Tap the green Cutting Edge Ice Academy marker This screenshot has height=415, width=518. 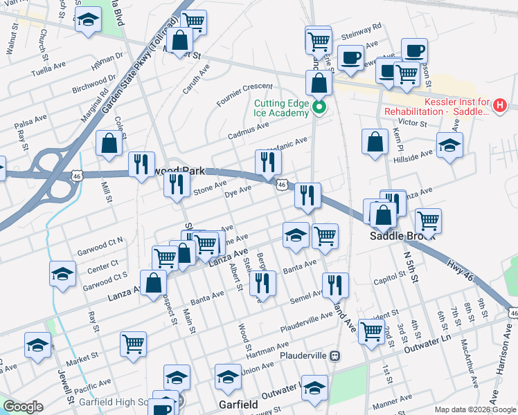point(319,107)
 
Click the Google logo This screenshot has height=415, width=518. point(23,407)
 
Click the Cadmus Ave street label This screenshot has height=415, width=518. point(249,127)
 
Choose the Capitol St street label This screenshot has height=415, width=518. point(388,275)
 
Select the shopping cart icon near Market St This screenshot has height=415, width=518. point(133,344)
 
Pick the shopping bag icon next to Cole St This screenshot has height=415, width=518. point(110,143)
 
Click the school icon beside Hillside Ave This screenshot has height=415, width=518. point(449,147)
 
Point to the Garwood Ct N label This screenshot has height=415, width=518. point(100,241)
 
